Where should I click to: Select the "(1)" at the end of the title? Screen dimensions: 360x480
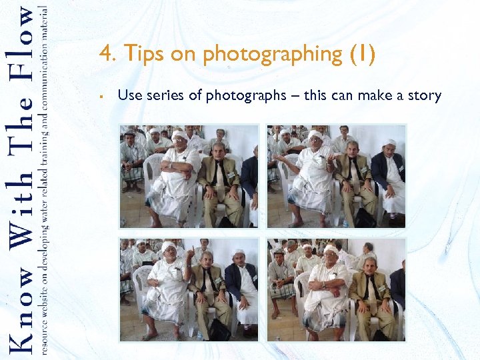click(362, 54)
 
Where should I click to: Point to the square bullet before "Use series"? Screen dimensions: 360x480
click(99, 96)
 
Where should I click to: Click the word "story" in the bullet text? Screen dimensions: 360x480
click(425, 95)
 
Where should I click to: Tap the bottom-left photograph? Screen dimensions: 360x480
click(189, 289)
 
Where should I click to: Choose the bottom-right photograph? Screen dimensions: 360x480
click(336, 289)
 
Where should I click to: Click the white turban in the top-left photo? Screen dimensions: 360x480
click(179, 135)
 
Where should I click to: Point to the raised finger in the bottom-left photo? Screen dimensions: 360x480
click(190, 253)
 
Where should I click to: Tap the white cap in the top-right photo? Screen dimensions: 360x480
click(390, 142)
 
